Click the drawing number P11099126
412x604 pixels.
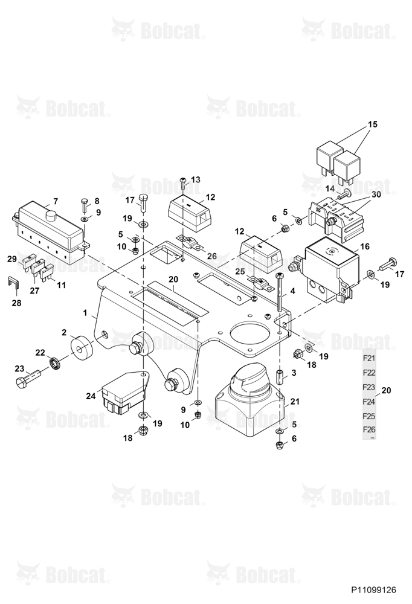point(373,590)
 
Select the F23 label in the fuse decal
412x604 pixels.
point(369,387)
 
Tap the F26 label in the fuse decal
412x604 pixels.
point(369,430)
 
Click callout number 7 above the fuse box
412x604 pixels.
point(56,201)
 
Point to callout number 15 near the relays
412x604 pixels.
point(373,124)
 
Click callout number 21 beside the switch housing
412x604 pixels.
point(295,402)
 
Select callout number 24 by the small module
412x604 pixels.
point(91,396)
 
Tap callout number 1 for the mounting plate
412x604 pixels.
point(86,313)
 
